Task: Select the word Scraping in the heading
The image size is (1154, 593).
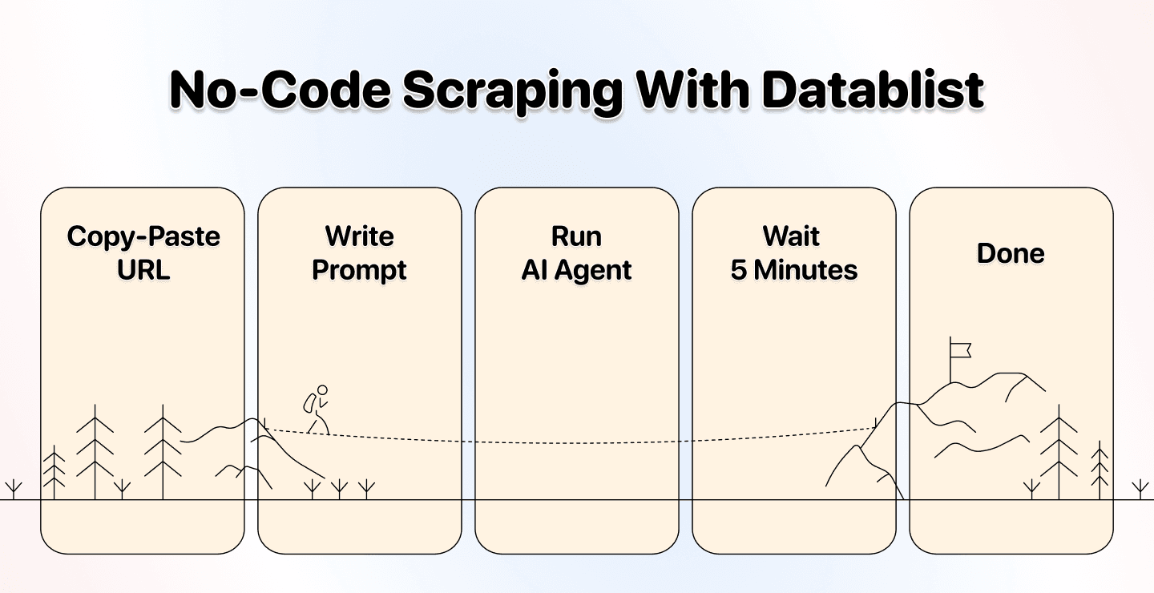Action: click(514, 91)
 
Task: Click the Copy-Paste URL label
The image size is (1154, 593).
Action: click(143, 252)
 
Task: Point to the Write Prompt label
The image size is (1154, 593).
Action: click(359, 252)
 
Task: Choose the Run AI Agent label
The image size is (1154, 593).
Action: click(576, 252)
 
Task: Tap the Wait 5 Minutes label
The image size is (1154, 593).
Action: click(793, 252)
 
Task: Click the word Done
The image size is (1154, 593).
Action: click(1011, 253)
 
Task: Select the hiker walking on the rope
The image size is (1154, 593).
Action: click(316, 409)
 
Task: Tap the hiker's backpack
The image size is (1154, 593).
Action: click(309, 402)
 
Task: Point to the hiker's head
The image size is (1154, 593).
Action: click(322, 390)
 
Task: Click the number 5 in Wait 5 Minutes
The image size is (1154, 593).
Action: click(738, 270)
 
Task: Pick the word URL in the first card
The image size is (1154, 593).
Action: click(143, 270)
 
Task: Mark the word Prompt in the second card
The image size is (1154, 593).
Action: click(359, 270)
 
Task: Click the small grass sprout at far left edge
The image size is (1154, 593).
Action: click(14, 489)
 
